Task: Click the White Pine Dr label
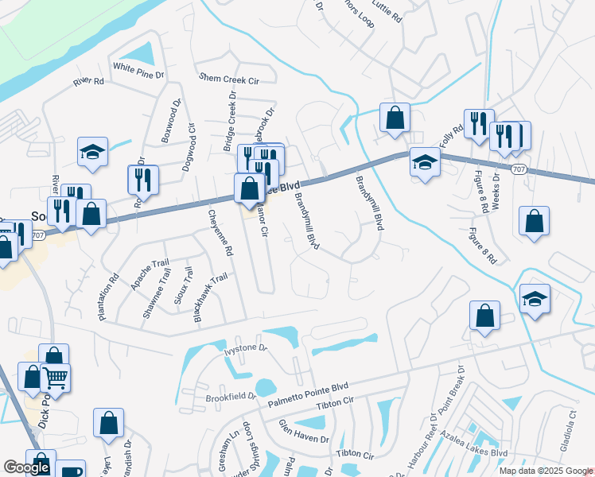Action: (x=138, y=71)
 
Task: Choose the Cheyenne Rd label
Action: (x=220, y=231)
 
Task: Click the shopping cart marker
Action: (x=56, y=377)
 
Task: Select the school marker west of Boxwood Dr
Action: (x=92, y=150)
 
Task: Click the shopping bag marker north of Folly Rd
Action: (x=394, y=118)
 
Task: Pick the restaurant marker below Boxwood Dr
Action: (x=142, y=179)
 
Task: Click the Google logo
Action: (x=27, y=467)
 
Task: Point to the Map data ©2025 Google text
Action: (x=544, y=471)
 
